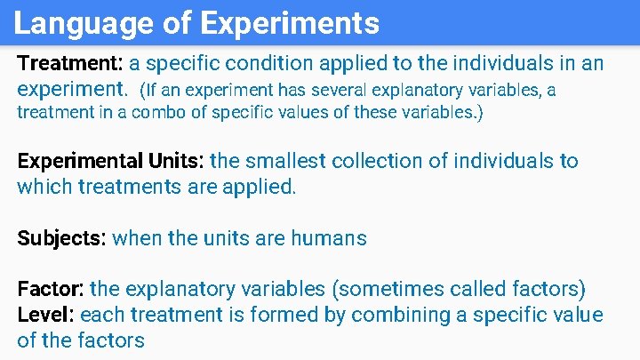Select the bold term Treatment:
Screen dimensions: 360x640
pos(71,64)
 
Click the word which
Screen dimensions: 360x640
pos(44,188)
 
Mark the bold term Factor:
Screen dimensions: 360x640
pos(51,289)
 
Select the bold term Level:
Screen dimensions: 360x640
pos(45,315)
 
